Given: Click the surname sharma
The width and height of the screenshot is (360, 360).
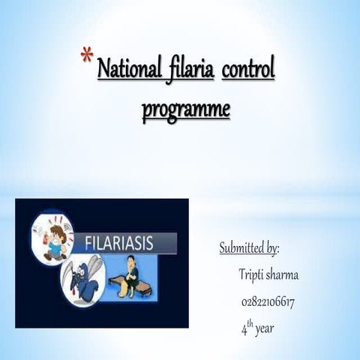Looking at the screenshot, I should [283, 275].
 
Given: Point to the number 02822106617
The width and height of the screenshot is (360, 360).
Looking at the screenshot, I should [268, 302].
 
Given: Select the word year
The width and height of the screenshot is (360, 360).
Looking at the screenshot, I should [265, 329].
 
